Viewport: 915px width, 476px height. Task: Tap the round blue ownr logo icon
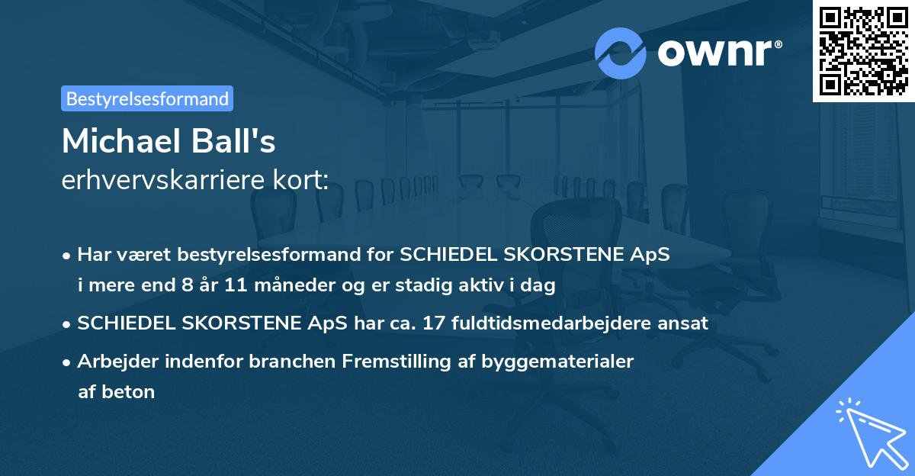pos(621,53)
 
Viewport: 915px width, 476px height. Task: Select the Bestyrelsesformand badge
pos(147,98)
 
